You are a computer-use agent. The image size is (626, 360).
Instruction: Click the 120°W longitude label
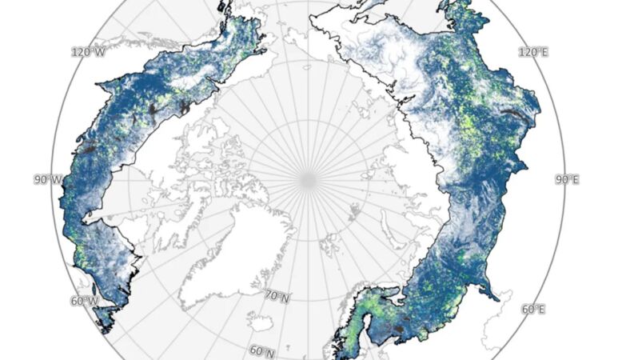[89, 52]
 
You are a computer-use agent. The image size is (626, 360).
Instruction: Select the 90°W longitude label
[47, 180]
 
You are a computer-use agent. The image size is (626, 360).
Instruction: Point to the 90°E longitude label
[566, 180]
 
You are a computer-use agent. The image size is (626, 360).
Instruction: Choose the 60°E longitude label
[533, 310]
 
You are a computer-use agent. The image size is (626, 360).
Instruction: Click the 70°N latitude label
[276, 297]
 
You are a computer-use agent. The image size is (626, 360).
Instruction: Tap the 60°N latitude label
[261, 351]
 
